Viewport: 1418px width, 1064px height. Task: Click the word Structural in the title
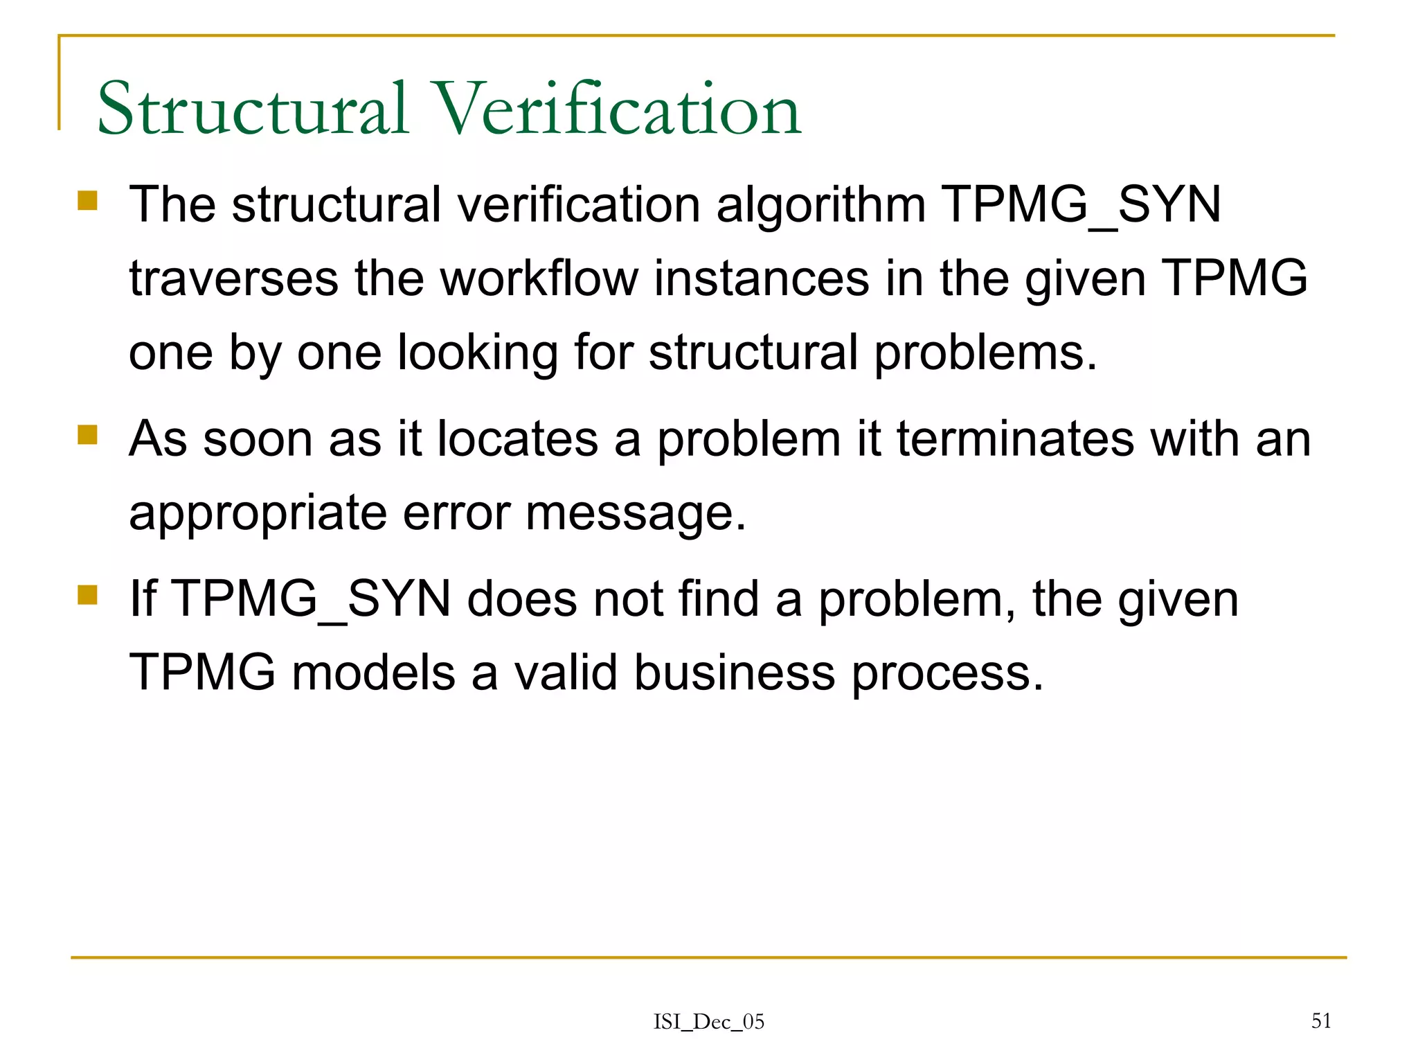tap(253, 109)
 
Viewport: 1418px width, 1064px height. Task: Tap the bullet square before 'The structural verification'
tap(88, 201)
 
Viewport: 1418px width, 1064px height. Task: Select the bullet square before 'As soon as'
tap(88, 435)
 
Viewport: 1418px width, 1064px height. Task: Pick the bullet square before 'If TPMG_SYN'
tap(88, 595)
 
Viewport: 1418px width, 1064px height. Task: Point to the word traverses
tap(233, 278)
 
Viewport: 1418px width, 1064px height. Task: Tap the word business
tap(735, 673)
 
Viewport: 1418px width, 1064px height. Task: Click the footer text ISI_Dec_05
tap(709, 1022)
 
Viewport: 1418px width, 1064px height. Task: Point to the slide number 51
tap(1321, 1020)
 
